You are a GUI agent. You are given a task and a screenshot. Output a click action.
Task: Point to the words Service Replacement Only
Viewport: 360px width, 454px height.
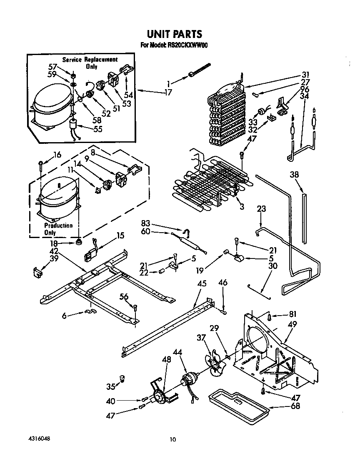(90, 63)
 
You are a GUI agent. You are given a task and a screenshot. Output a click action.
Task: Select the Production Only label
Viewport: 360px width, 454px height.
(58, 229)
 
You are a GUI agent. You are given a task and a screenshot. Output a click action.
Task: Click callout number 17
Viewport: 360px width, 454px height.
(168, 93)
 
